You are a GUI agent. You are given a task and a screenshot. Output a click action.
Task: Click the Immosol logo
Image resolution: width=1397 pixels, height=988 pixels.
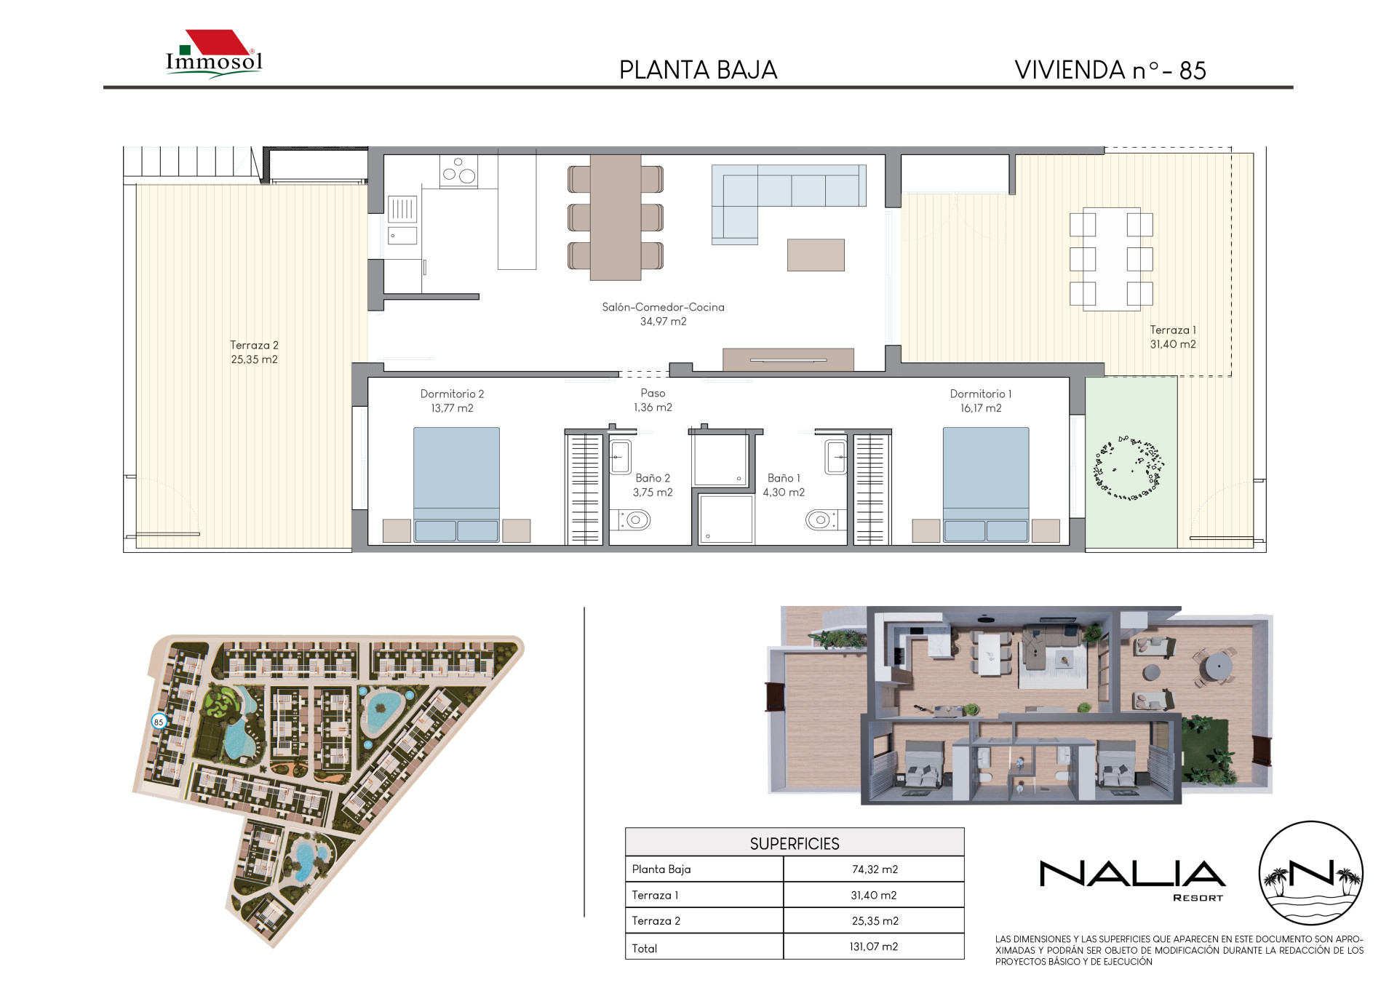[x=214, y=54]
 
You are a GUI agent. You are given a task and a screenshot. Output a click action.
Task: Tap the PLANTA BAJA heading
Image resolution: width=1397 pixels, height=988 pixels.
[x=698, y=70]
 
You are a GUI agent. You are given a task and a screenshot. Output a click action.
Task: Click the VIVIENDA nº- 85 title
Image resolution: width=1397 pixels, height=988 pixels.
[x=1110, y=70]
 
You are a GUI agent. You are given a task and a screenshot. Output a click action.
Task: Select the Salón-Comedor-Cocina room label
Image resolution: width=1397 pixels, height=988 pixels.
[x=663, y=314]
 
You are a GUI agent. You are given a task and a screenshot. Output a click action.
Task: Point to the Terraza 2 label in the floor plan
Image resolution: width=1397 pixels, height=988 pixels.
[x=254, y=352]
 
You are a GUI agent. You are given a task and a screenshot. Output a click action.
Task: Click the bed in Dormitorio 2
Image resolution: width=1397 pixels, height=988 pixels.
[x=456, y=485]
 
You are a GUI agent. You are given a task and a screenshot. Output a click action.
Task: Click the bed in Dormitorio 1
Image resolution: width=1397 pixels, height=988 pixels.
[x=986, y=485]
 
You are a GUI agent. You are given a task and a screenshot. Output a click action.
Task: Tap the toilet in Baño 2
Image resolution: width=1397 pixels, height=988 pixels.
[x=634, y=519]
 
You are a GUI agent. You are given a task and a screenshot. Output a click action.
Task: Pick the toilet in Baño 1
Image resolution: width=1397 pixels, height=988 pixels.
[x=821, y=519]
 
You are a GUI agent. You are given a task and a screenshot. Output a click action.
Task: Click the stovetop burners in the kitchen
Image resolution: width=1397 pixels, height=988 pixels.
[x=458, y=172]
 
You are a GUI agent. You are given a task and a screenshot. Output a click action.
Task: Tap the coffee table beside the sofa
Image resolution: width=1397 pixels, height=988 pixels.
[x=816, y=255]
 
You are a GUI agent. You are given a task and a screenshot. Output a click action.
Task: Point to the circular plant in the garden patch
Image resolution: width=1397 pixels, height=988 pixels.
[x=1129, y=467]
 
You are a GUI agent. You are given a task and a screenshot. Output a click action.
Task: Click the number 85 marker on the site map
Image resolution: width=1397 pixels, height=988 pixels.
[x=159, y=722]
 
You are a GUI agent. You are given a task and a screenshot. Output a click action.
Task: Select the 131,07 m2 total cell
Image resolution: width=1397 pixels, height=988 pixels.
[x=874, y=947]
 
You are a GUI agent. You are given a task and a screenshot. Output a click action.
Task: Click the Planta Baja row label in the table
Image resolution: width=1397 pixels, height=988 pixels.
[x=661, y=869]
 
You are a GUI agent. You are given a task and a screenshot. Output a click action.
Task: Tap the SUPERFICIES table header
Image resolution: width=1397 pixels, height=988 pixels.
[x=795, y=844]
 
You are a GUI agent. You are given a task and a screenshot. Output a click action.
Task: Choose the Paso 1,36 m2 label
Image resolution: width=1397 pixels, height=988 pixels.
[x=653, y=400]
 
